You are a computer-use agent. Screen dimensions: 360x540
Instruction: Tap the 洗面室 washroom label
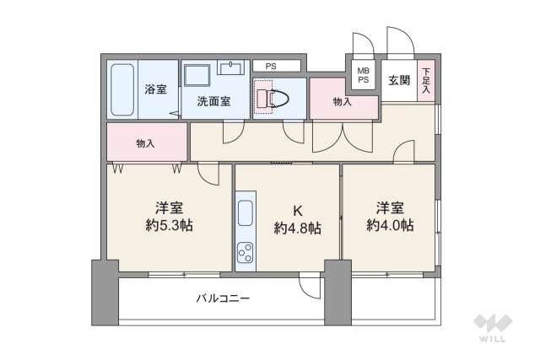coord(214,102)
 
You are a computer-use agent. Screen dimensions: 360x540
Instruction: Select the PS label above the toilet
coord(270,66)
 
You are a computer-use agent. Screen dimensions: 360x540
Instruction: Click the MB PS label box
coord(363,75)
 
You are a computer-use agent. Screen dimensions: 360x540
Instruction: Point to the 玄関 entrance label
coord(398,81)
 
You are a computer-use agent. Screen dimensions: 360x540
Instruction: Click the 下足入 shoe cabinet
coord(427,81)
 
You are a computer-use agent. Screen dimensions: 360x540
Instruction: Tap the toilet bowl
coord(278,97)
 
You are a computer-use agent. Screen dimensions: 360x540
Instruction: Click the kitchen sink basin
coord(246,213)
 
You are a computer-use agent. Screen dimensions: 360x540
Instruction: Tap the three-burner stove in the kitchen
coord(246,251)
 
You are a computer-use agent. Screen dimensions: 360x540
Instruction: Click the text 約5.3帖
coord(170,227)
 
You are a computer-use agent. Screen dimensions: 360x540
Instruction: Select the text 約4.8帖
coord(297,228)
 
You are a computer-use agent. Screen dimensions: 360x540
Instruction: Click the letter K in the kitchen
coord(297,209)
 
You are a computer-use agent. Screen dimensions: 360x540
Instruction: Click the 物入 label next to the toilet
coord(342,102)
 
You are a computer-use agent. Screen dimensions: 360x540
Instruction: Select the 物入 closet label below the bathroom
coord(145,143)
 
